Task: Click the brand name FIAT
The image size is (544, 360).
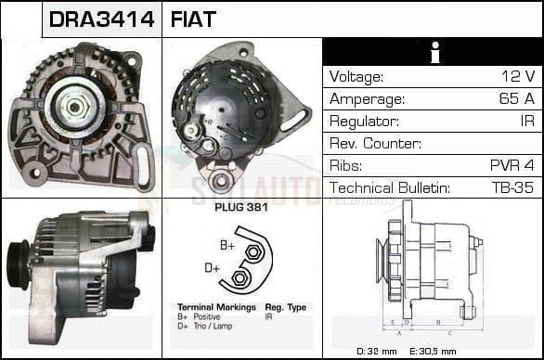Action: (193, 19)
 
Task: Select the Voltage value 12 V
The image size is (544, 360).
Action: (516, 76)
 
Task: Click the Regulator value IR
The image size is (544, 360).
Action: (526, 122)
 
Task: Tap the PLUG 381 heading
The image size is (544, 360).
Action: (241, 208)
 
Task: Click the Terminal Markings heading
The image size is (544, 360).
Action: (207, 305)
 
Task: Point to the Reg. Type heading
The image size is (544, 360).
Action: (287, 305)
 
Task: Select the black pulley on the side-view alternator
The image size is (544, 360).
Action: (19, 264)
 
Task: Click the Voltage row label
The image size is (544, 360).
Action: (356, 76)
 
